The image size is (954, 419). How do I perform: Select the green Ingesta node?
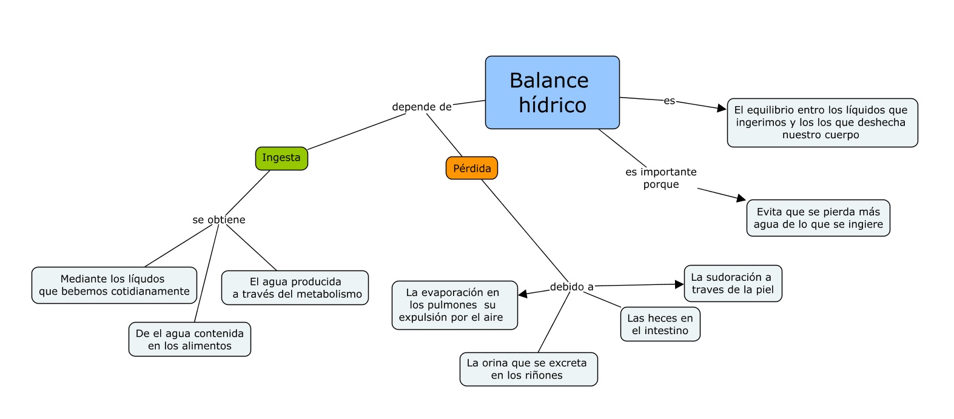(281, 158)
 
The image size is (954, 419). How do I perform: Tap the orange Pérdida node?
(472, 168)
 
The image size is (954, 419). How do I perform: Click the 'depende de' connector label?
(422, 107)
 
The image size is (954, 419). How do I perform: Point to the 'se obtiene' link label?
(219, 220)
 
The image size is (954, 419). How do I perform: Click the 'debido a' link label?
(571, 287)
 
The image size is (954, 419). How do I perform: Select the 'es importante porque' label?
(661, 178)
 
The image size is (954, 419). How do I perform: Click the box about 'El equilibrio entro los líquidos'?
(822, 122)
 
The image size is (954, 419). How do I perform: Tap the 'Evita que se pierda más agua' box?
(818, 218)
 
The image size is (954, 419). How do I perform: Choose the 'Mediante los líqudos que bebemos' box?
(114, 285)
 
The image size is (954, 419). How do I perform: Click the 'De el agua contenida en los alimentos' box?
(189, 340)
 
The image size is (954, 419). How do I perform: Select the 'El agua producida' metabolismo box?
(295, 288)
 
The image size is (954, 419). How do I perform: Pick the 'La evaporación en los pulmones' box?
(454, 305)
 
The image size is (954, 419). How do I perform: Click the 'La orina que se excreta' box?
(528, 369)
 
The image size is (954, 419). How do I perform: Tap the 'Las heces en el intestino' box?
(660, 324)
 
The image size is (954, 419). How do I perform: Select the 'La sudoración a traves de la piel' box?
(733, 283)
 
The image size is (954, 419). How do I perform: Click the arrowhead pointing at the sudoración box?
(679, 284)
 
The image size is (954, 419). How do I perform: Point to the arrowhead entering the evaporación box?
(523, 294)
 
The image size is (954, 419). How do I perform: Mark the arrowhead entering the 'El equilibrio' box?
(722, 109)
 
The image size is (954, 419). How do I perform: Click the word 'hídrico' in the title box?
(553, 106)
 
